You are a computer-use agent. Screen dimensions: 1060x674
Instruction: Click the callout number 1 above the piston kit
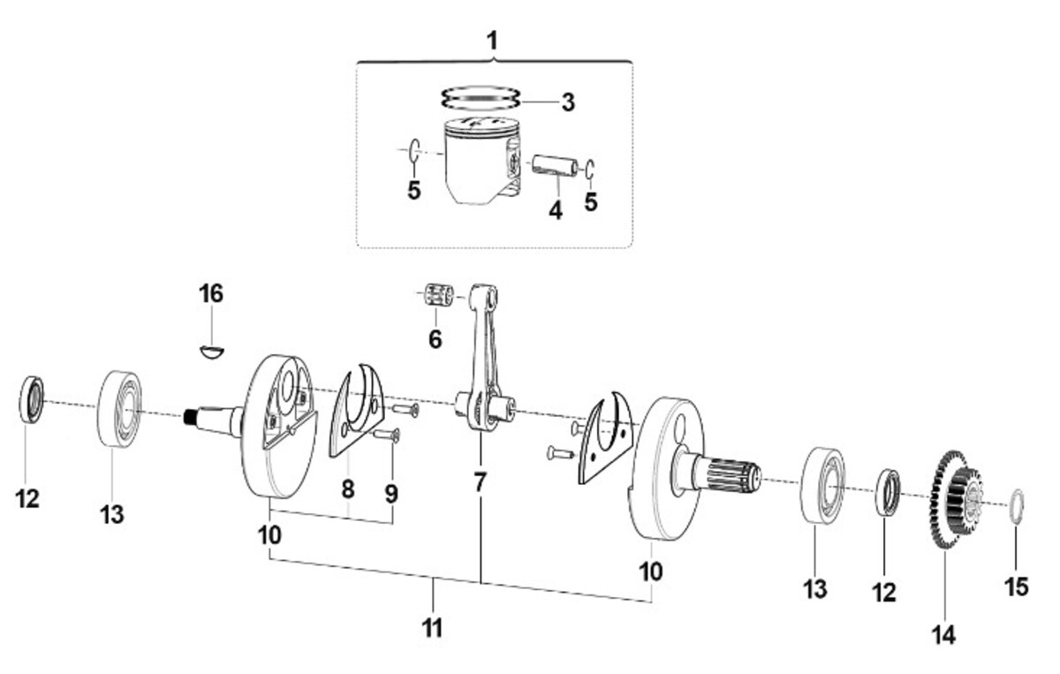coord(493,42)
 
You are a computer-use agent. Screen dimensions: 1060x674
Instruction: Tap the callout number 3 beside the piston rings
coord(568,102)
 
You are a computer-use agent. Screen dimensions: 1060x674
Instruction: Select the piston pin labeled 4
coord(555,166)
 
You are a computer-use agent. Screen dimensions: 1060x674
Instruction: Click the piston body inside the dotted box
coord(481,160)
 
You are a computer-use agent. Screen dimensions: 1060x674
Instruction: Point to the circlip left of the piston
coord(414,150)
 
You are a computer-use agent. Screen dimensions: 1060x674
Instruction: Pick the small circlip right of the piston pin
coord(590,170)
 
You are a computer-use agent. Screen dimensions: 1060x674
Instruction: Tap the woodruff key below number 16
coord(211,352)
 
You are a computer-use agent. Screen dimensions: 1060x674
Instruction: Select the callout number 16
coord(211,294)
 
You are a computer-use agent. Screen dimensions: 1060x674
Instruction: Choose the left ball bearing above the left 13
coord(120,409)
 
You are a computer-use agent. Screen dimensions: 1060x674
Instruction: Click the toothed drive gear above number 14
coord(955,499)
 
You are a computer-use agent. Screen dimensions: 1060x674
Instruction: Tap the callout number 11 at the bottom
coord(432,628)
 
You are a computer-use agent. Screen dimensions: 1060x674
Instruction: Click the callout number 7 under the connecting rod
coord(480,482)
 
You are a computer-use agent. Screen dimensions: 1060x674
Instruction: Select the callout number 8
coord(348,488)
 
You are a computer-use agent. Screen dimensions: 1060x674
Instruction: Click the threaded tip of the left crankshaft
coord(190,417)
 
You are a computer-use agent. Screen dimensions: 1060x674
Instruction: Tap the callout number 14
coord(944,635)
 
